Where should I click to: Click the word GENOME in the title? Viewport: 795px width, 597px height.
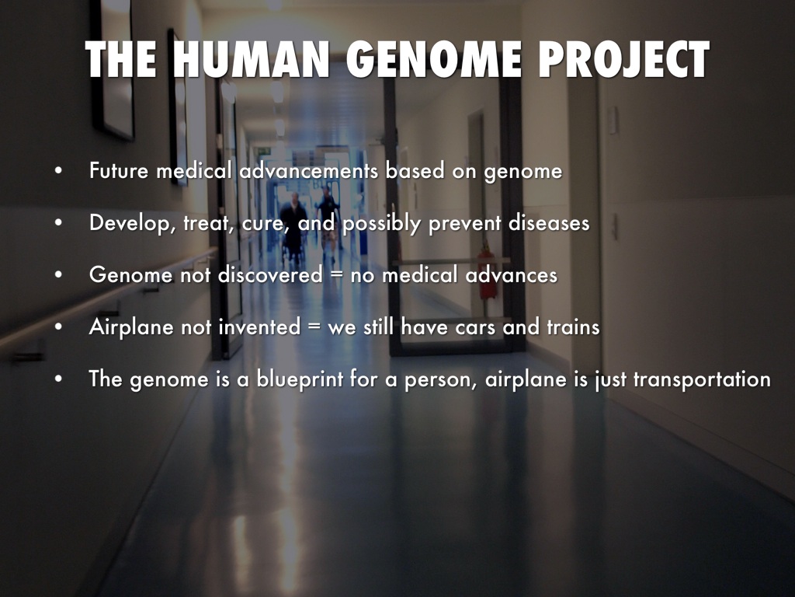(x=434, y=59)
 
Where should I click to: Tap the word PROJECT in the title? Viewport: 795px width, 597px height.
(x=623, y=59)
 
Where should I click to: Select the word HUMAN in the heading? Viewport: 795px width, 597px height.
(x=252, y=59)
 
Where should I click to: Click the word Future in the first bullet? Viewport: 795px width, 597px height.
(x=119, y=170)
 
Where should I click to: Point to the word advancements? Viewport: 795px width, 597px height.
(x=309, y=170)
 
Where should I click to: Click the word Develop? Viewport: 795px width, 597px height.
(x=133, y=223)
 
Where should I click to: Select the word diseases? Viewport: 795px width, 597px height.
(x=549, y=223)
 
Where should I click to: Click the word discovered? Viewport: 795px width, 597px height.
(x=270, y=274)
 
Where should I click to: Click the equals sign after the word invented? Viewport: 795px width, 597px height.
(x=314, y=327)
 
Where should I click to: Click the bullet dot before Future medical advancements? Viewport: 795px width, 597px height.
(x=59, y=171)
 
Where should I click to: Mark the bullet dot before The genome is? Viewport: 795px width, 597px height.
(x=59, y=379)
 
